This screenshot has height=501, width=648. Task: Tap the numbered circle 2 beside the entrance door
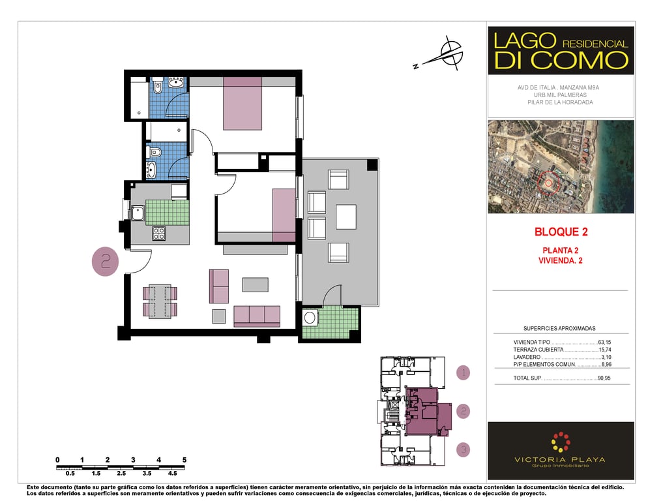(106, 262)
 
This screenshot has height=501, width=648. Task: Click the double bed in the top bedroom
(243, 104)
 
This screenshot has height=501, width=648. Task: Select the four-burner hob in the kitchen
(158, 234)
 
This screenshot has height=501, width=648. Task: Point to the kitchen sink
(138, 213)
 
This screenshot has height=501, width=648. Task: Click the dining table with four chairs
(160, 301)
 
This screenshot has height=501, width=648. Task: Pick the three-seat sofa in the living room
(257, 316)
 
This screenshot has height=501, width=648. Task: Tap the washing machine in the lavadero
(310, 318)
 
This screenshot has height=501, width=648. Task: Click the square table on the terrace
(346, 217)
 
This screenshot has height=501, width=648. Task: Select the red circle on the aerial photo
(548, 183)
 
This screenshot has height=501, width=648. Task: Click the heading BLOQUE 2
(561, 232)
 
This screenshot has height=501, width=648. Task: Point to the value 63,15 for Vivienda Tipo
(604, 342)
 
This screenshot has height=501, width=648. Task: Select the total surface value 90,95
(604, 378)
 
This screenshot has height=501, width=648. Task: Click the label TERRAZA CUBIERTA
(538, 350)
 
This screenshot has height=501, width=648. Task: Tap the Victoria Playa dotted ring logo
(561, 442)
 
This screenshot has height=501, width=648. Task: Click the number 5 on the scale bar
(184, 460)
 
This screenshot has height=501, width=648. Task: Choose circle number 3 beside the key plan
(464, 449)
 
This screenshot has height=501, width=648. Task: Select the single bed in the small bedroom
(284, 215)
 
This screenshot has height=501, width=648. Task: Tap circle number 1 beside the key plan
(464, 372)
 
